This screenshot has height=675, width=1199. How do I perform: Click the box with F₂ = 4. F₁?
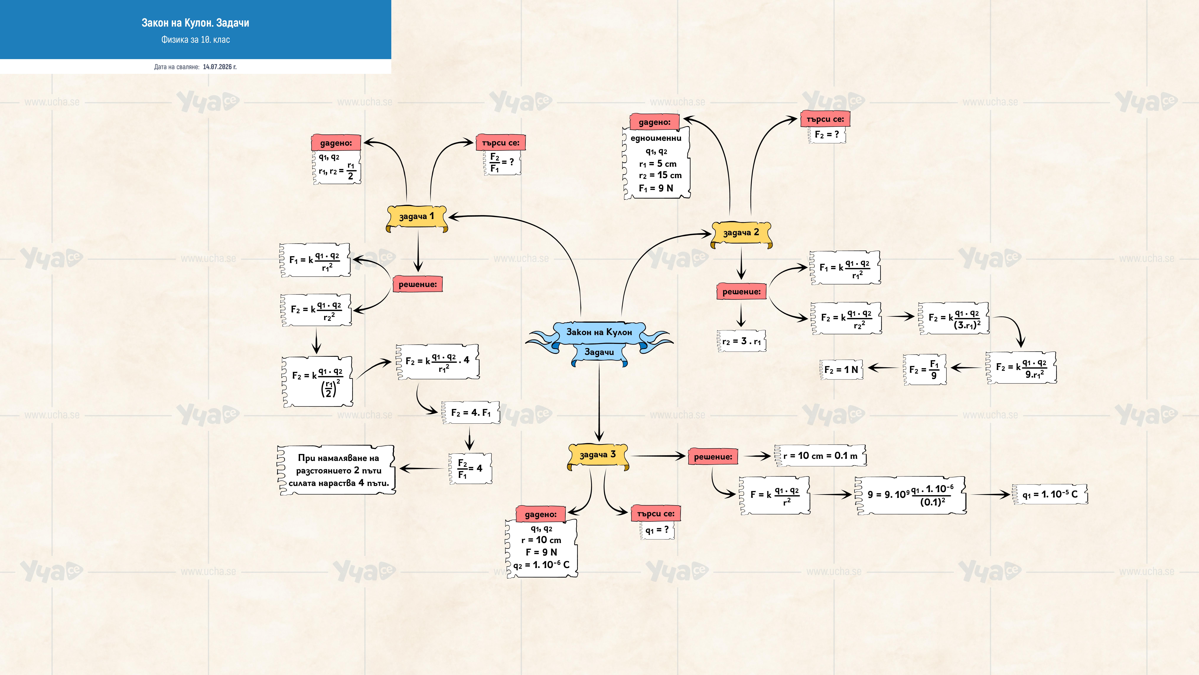point(471,413)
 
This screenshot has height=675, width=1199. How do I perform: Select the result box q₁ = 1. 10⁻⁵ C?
point(1050,494)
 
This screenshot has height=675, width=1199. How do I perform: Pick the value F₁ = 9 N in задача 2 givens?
point(656,188)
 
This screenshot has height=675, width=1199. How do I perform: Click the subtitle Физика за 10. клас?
point(196,40)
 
